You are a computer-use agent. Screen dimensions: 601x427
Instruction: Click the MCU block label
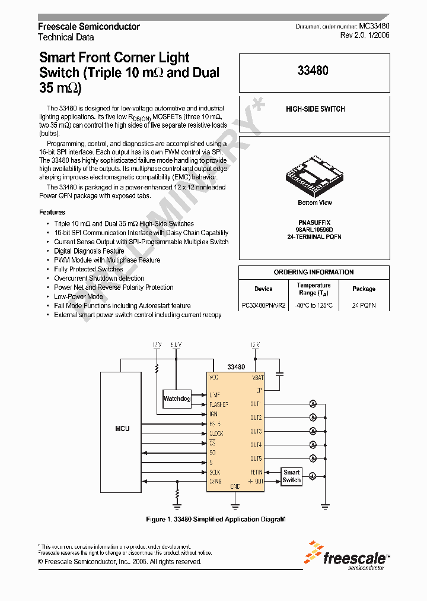tap(122, 428)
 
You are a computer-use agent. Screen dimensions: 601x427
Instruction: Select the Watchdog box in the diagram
tap(177, 398)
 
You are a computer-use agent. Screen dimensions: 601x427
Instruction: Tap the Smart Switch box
tap(291, 476)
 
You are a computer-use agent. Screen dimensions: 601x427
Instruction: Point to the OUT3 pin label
tap(256, 432)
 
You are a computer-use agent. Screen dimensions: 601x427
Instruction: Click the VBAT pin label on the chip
tap(257, 377)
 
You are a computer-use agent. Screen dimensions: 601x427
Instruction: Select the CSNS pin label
tap(215, 482)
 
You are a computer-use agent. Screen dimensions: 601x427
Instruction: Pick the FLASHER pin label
tap(218, 404)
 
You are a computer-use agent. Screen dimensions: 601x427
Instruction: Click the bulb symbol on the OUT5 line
tap(312, 458)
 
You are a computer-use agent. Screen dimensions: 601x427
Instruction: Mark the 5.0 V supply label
tap(176, 344)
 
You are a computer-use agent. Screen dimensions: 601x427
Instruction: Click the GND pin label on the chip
tap(234, 486)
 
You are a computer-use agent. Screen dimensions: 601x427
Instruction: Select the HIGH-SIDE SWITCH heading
tap(315, 109)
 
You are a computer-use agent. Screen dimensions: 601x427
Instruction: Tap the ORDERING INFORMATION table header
tap(314, 272)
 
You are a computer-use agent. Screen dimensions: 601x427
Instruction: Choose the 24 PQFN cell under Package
tap(364, 305)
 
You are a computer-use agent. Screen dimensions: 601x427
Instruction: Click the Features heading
tap(52, 212)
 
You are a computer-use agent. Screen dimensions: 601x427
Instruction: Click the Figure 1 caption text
tap(216, 519)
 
